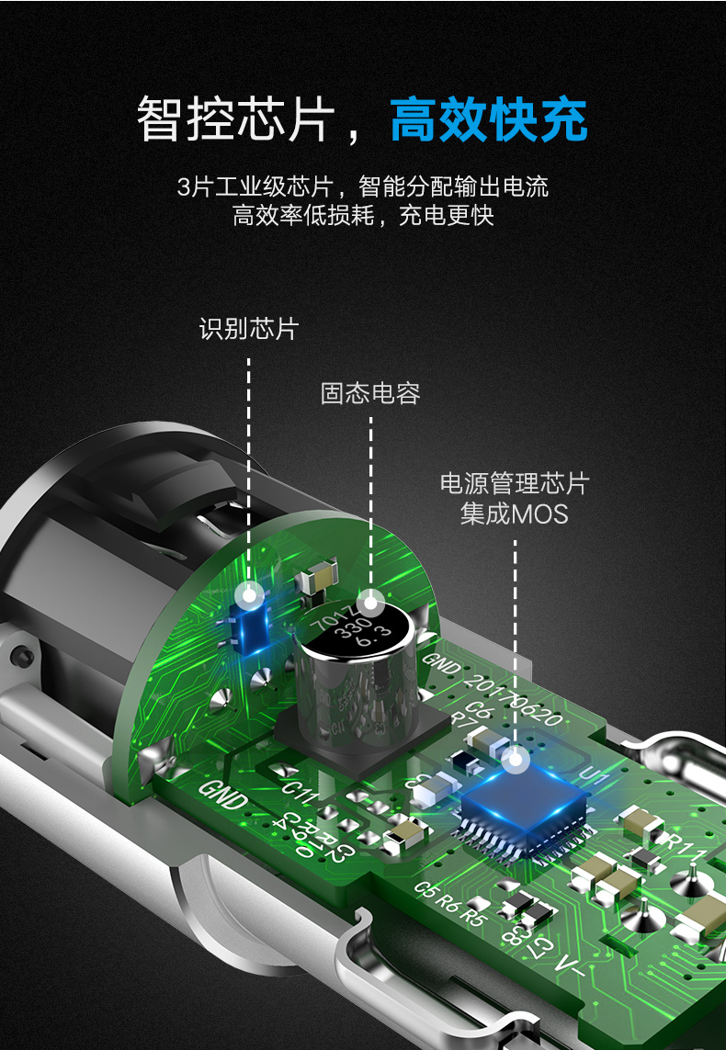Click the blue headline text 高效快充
pyautogui.click(x=488, y=119)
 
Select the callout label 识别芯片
pyautogui.click(x=249, y=328)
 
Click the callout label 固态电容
pyautogui.click(x=370, y=393)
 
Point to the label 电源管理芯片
pyautogui.click(x=515, y=483)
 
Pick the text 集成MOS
pyautogui.click(x=515, y=514)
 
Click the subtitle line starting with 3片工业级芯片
pyautogui.click(x=363, y=186)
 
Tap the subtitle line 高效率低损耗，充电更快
pyautogui.click(x=363, y=216)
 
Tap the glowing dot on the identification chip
pyautogui.click(x=248, y=595)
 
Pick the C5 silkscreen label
pyautogui.click(x=425, y=887)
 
